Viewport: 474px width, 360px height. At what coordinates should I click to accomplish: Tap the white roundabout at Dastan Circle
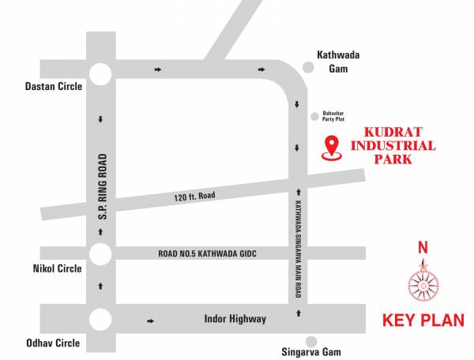[101, 74]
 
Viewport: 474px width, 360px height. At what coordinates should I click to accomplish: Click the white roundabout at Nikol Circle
[101, 253]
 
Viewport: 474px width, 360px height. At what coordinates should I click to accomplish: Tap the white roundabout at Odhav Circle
[101, 321]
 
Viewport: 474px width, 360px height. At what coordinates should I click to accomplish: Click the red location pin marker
[333, 148]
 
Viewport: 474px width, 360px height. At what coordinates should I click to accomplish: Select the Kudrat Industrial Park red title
[393, 146]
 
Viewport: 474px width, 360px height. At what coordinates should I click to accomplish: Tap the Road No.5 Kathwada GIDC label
[208, 253]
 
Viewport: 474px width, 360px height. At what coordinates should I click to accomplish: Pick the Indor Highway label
[235, 320]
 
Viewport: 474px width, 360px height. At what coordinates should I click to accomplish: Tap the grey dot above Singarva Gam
[311, 341]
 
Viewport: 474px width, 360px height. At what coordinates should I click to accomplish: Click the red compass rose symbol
[423, 279]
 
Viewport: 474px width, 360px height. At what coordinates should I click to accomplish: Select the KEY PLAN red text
[423, 321]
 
